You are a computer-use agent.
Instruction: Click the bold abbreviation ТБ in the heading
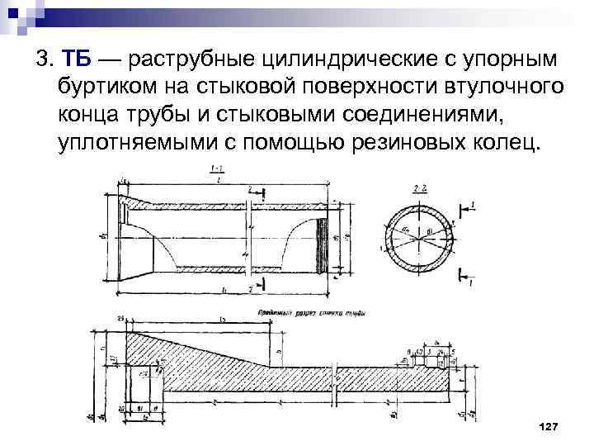[77, 60]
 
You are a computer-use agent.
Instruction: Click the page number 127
[548, 425]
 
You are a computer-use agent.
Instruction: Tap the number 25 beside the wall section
[120, 318]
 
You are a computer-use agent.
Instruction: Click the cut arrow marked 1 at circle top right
[469, 204]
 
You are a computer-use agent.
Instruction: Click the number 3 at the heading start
[40, 60]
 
